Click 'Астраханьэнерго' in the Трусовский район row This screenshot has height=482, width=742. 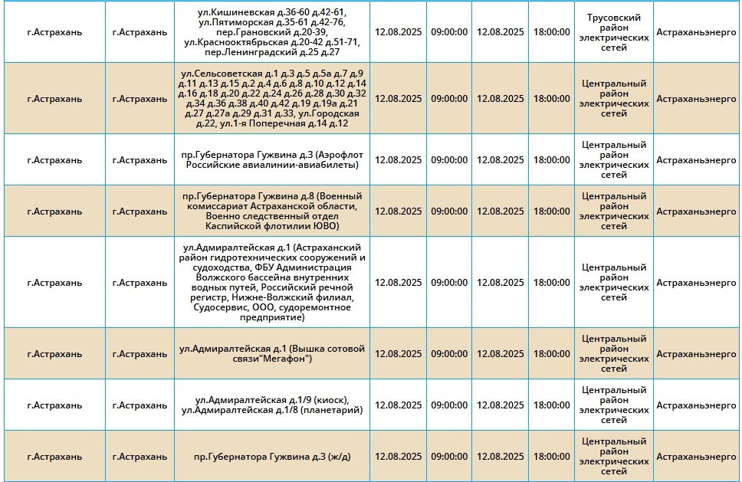696,32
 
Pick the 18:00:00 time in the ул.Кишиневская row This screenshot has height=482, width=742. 551,32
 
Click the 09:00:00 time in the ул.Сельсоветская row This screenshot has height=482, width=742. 449,98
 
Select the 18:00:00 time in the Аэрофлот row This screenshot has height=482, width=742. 551,160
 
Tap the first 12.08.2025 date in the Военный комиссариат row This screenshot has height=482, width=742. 399,211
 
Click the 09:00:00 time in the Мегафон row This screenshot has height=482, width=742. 449,354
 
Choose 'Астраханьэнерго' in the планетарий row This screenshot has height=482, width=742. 696,405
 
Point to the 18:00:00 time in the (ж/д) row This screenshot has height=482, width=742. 551,457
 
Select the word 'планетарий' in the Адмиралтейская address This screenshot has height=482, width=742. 333,410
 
